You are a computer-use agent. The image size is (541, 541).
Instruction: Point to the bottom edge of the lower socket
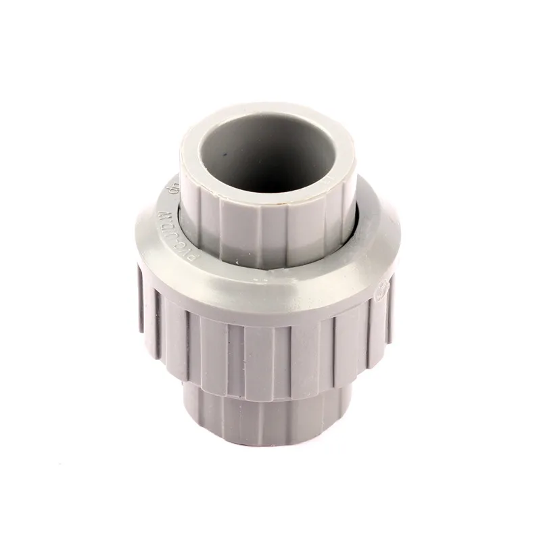click(270, 443)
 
